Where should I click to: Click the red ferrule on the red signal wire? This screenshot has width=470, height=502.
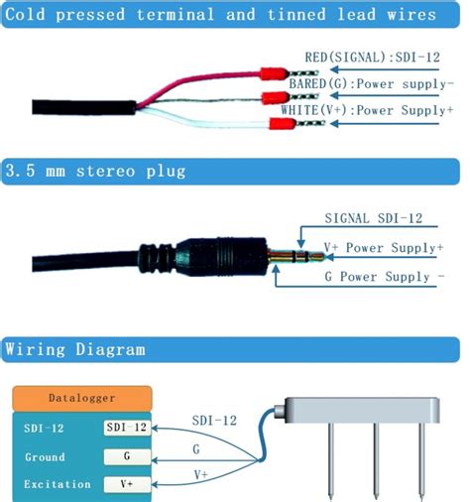[x=274, y=73]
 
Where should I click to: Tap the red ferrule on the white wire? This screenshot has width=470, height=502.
[x=283, y=124]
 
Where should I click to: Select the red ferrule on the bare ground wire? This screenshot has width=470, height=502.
[x=275, y=98]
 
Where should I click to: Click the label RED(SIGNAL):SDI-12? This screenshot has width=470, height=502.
[x=373, y=58]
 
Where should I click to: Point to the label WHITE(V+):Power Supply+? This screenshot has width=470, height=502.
[x=367, y=110]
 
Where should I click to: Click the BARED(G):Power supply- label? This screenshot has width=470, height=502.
[x=372, y=83]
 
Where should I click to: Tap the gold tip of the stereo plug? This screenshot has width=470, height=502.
[x=316, y=256]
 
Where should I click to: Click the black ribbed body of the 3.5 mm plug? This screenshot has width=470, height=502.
[x=221, y=257]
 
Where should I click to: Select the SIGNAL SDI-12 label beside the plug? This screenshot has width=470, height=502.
[x=374, y=218]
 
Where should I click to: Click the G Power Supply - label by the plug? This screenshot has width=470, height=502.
[x=385, y=277]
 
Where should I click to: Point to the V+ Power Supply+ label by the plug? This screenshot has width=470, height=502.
[x=384, y=248]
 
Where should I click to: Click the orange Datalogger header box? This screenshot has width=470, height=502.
[x=82, y=398]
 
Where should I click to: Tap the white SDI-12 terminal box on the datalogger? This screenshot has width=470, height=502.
[x=127, y=428]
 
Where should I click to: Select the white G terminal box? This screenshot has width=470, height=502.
[x=127, y=456]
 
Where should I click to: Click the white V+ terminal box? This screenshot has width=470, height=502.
[x=127, y=484]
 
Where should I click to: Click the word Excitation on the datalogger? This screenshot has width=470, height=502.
[x=58, y=484]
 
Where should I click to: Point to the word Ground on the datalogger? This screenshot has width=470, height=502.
[x=45, y=457]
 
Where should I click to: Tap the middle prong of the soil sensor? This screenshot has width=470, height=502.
[x=376, y=461]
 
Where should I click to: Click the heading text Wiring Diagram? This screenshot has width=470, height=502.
[x=75, y=349]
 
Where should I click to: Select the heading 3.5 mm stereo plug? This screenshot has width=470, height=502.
[x=95, y=172]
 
